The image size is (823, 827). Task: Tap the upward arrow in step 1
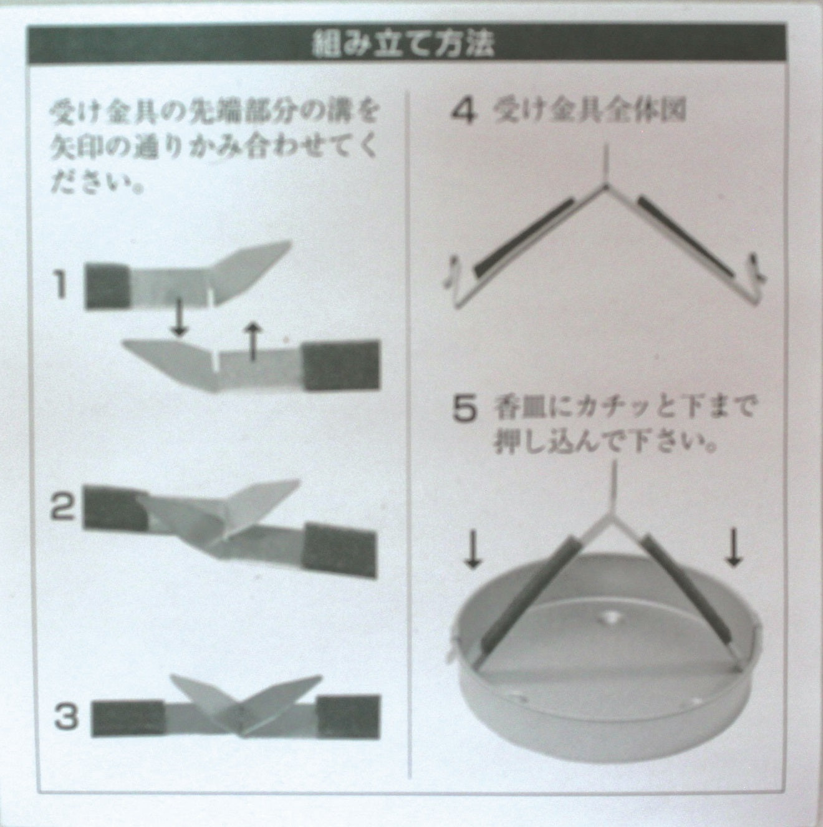point(253,341)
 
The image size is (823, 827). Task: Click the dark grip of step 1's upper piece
point(108,286)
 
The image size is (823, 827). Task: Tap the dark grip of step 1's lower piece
point(342,365)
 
